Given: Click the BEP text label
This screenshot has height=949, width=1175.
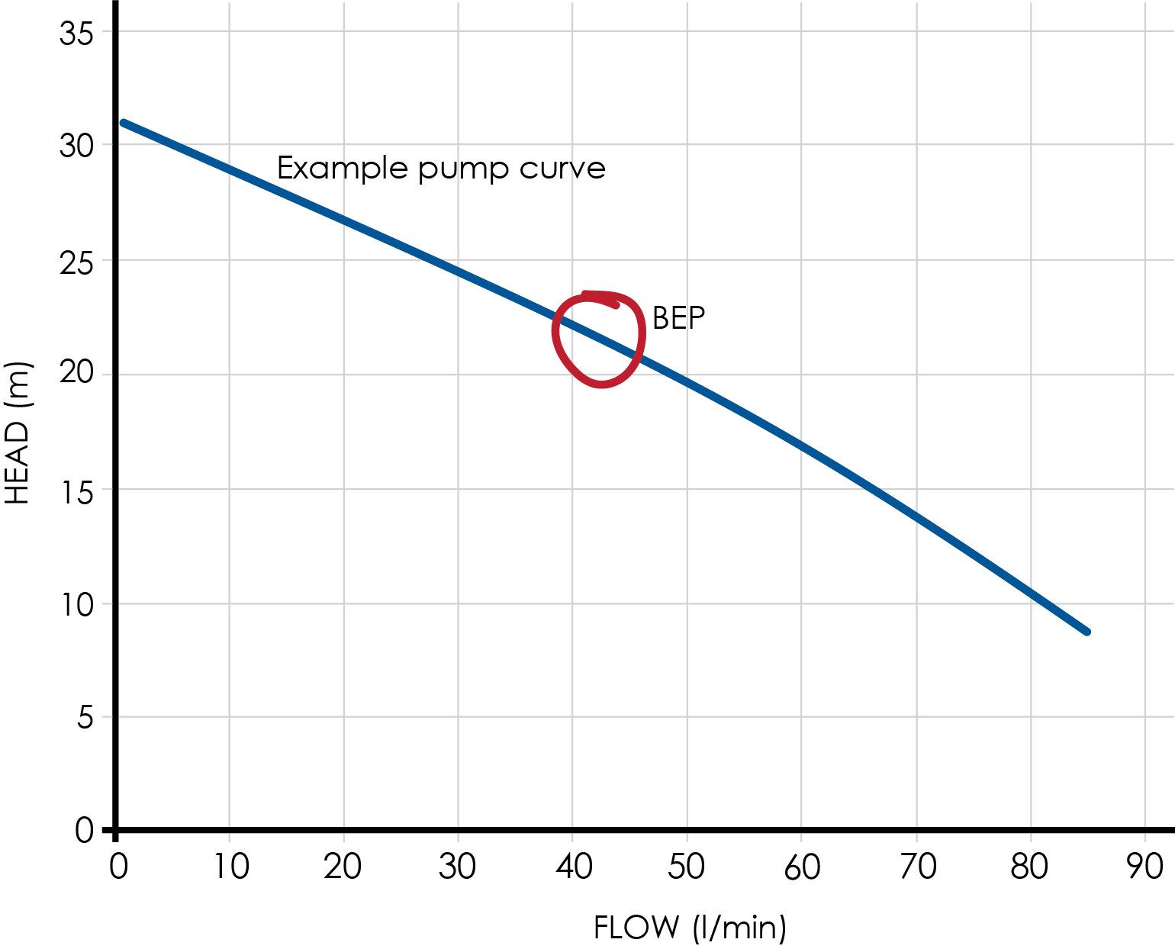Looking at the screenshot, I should tap(678, 318).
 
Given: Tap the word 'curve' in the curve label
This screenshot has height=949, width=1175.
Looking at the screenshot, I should tap(562, 169).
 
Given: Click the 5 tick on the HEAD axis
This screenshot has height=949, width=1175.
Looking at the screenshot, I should tap(85, 717).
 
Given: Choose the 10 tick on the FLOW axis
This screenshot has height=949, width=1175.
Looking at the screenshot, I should tap(230, 867).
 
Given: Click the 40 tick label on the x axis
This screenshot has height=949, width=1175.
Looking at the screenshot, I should tap(574, 867).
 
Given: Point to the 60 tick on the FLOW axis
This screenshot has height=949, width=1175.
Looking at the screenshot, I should tap(802, 867).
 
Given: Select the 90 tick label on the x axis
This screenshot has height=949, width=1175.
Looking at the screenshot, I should tap(1144, 867).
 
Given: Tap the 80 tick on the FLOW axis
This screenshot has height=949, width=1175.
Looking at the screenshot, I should tap(1029, 867).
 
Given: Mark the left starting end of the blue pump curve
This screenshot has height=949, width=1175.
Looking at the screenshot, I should tap(124, 122).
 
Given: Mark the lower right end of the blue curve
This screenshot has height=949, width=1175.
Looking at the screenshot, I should tap(1086, 632).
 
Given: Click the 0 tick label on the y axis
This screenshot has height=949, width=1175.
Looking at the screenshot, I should tap(84, 830).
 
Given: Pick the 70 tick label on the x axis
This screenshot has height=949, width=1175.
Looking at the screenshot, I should tap(917, 867).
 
